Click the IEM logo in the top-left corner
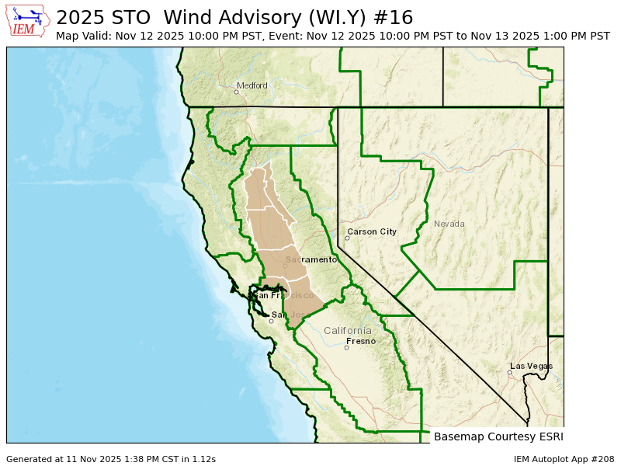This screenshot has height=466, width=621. coord(27,21)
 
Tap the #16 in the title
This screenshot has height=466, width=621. coord(395,18)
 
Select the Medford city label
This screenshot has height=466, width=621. coord(252,85)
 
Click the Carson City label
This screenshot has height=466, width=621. coord(372,231)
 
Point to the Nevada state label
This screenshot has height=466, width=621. coord(449,224)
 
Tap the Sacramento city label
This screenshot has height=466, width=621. coord(311,259)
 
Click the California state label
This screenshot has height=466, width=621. coord(348,330)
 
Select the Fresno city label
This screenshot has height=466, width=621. coord(361,341)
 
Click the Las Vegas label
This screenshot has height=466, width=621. coord(532,366)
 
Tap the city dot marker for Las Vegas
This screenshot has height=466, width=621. coord(509,373)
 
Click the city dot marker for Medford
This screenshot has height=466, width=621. coord(237,92)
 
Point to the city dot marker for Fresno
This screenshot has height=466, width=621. coord(347,347)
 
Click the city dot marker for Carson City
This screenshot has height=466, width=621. coord(348,238)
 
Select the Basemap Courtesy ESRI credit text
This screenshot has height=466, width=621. coord(498,436)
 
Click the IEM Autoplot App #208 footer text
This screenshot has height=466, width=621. coord(564,459)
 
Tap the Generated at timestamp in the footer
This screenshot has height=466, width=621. coord(111,459)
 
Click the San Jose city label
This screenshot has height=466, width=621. coord(287,315)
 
